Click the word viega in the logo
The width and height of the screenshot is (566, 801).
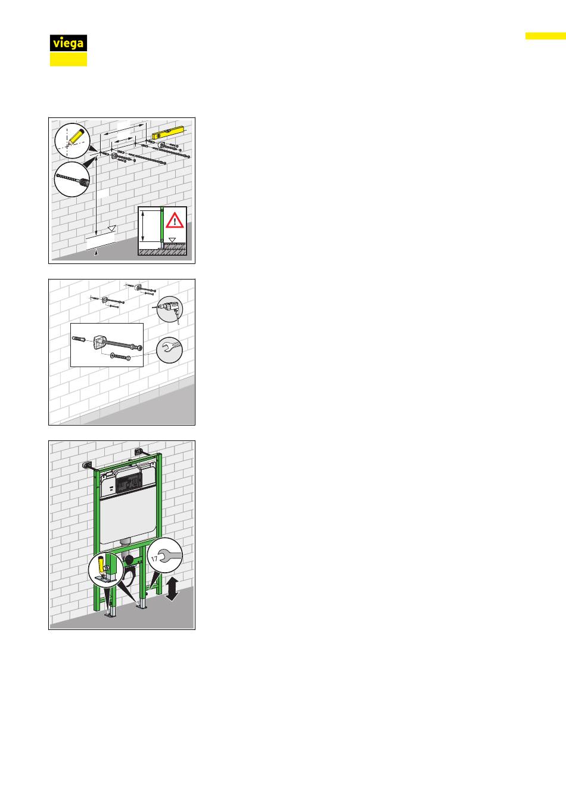pos(69,44)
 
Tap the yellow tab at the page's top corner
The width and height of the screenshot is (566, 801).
pos(546,36)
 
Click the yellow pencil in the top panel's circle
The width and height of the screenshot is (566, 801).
pos(76,136)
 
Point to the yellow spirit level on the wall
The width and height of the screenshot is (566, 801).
pos(167,133)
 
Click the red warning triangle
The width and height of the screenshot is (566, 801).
pos(175,221)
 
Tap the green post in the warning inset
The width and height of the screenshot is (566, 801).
pos(161,225)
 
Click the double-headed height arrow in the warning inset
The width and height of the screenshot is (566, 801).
pos(143,226)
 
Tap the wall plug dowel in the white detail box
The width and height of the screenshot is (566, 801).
pos(79,339)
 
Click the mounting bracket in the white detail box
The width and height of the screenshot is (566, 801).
pos(99,342)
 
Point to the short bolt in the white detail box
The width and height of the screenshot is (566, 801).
pos(120,356)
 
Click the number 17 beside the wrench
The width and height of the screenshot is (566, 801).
pos(154,558)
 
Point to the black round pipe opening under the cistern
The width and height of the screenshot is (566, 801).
pos(129,559)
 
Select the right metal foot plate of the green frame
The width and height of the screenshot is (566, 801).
pos(142,605)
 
